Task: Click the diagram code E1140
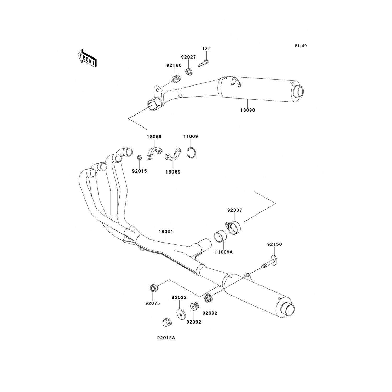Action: (x=301, y=46)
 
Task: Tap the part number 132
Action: (x=206, y=49)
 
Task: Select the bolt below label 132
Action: (x=204, y=64)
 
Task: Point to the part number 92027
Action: (x=189, y=57)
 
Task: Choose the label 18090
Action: (x=248, y=110)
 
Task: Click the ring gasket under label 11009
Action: (x=192, y=152)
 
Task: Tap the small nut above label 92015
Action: (x=140, y=157)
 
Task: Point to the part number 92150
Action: (x=275, y=244)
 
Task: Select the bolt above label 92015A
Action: (x=166, y=322)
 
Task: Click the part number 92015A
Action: (x=166, y=338)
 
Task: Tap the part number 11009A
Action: (x=223, y=252)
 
